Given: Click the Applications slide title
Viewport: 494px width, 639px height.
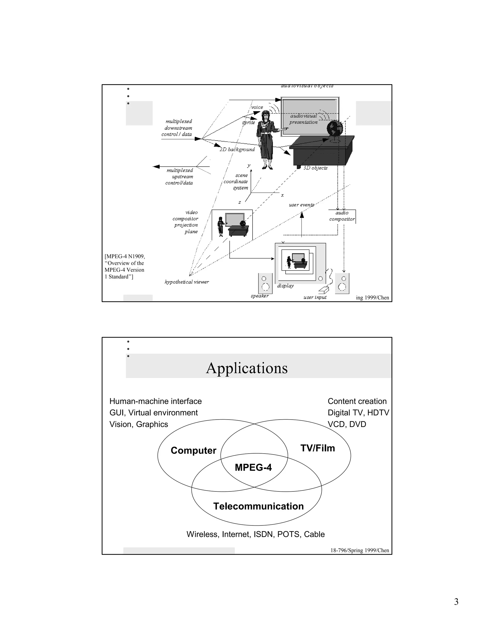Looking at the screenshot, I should click(x=247, y=368).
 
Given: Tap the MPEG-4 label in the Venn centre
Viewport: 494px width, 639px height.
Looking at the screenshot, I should click(x=253, y=467).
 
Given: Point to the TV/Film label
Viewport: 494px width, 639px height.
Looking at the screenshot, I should click(x=317, y=448).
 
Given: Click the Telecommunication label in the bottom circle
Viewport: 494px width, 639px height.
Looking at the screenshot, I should click(x=258, y=506).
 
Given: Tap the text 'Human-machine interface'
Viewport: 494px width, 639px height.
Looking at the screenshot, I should click(x=155, y=401).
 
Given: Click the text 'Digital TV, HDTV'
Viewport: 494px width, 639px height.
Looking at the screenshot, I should click(x=358, y=413).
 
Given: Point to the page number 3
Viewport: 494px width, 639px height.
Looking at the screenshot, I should click(x=456, y=602).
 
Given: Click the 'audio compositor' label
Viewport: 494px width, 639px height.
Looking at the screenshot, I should click(x=342, y=216).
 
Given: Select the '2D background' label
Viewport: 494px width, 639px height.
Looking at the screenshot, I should click(x=237, y=150).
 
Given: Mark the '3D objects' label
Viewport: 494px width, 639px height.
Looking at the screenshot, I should click(x=316, y=168).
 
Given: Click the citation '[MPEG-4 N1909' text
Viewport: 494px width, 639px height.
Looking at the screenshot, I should click(x=125, y=256).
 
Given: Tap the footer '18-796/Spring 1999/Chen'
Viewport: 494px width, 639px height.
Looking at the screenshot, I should click(x=360, y=550).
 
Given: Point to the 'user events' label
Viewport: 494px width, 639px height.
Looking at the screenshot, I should click(x=302, y=205).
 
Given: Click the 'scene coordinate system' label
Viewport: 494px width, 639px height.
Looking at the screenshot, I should click(x=236, y=181).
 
